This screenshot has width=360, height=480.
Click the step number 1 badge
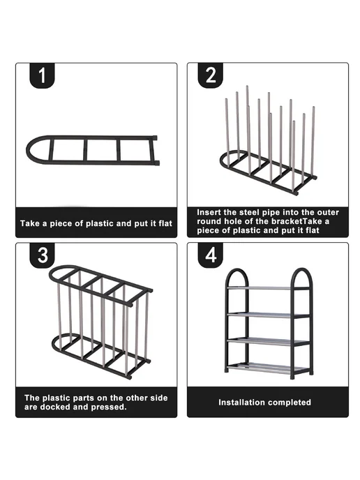point(42,75)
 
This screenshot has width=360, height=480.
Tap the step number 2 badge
point(210,75)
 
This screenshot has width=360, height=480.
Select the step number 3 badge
point(42,255)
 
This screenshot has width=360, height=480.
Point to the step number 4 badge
point(210,255)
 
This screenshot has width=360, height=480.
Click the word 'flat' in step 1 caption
point(165,223)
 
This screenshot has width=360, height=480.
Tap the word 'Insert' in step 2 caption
point(207,213)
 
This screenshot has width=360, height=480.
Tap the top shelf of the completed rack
point(268,288)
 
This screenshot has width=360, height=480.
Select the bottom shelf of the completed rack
point(268,368)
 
